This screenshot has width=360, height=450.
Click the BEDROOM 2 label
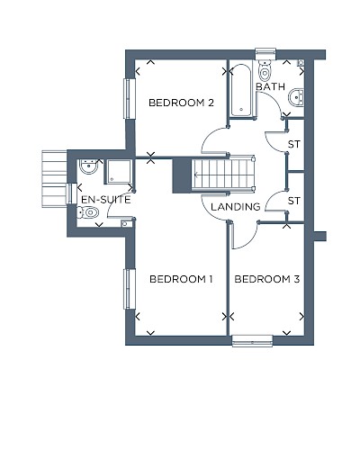pos(181,103)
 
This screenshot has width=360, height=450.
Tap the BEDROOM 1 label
pos(181,279)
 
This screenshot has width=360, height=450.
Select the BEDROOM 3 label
pos(267,279)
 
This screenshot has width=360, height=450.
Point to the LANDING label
pos(236,207)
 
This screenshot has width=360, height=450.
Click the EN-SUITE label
pos(106,200)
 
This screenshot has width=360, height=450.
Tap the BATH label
pos(270,86)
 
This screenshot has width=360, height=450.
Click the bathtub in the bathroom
pos(240,90)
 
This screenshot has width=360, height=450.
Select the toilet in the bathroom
pos(265,70)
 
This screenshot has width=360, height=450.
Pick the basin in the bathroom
pos(296,97)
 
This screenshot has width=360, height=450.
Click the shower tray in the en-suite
pos(119,172)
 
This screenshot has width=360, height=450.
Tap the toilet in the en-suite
pos(88,212)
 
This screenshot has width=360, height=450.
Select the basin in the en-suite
pos(88,166)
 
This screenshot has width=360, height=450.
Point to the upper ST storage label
pos(294,145)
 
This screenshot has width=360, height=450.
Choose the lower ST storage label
pos(294,201)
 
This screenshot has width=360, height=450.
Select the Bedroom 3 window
pos(252,341)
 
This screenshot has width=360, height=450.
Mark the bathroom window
pos(265,54)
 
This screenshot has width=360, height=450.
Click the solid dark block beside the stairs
pos(182,175)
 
